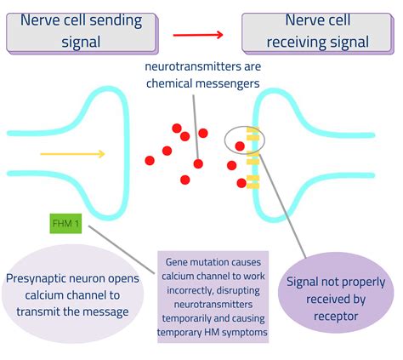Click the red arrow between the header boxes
point(198,35)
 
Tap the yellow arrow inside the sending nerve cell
point(72,154)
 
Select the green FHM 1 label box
point(65,224)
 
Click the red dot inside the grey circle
point(240,146)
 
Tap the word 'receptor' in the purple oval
point(336,317)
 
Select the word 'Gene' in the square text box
point(176,262)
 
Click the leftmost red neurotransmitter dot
point(150,160)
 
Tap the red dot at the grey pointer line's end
point(198,163)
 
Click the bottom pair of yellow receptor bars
point(253,182)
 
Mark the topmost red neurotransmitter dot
point(177,129)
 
